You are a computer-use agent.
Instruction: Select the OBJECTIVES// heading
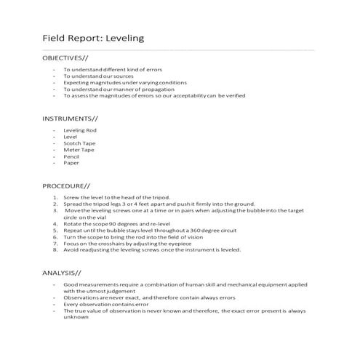pyautogui.click(x=66, y=57)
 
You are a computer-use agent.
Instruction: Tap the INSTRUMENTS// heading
pyautogui.click(x=69, y=118)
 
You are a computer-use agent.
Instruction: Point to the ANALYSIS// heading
pyautogui.click(x=61, y=271)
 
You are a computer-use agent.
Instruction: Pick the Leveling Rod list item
pyautogui.click(x=79, y=130)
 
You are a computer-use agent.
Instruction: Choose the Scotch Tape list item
pyautogui.click(x=79, y=143)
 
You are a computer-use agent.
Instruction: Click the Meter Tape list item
pyautogui.click(x=79, y=150)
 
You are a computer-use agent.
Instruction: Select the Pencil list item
pyautogui.click(x=71, y=156)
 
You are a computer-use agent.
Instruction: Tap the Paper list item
pyautogui.click(x=71, y=163)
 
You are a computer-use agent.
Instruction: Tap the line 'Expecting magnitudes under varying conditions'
pyautogui.click(x=125, y=82)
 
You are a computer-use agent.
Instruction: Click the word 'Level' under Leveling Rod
pyautogui.click(x=70, y=137)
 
